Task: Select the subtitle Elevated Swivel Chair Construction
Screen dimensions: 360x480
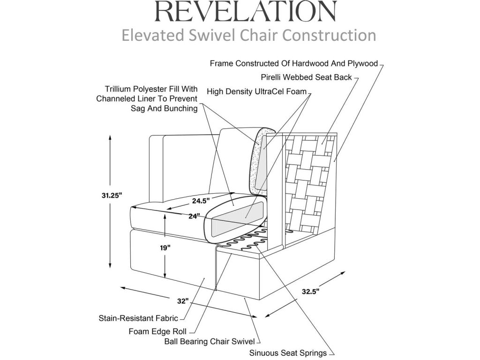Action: coord(248,35)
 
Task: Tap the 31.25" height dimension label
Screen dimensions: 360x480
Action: coord(112,196)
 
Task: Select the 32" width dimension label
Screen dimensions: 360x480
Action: coord(183,300)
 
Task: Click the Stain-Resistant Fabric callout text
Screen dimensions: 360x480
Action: coord(138,319)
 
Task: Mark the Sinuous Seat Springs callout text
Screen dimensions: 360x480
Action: coord(288,353)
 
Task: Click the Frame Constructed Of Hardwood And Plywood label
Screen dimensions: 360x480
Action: coord(294,63)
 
